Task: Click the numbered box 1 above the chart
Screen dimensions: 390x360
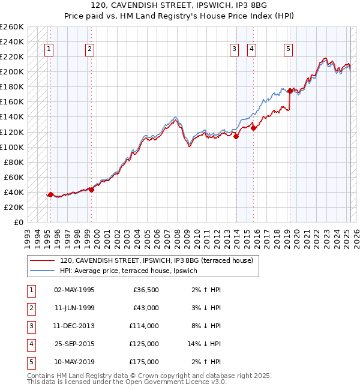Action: [x=48, y=50]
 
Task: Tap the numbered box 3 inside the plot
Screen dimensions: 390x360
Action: [x=234, y=50]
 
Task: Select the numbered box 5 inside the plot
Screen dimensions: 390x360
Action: [x=289, y=50]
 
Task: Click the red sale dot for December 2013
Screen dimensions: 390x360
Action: [x=236, y=136]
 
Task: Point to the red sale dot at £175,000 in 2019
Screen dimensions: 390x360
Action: [x=290, y=91]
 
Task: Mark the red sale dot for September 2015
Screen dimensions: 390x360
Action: [x=254, y=128]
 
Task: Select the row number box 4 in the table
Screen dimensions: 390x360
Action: [x=31, y=344]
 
